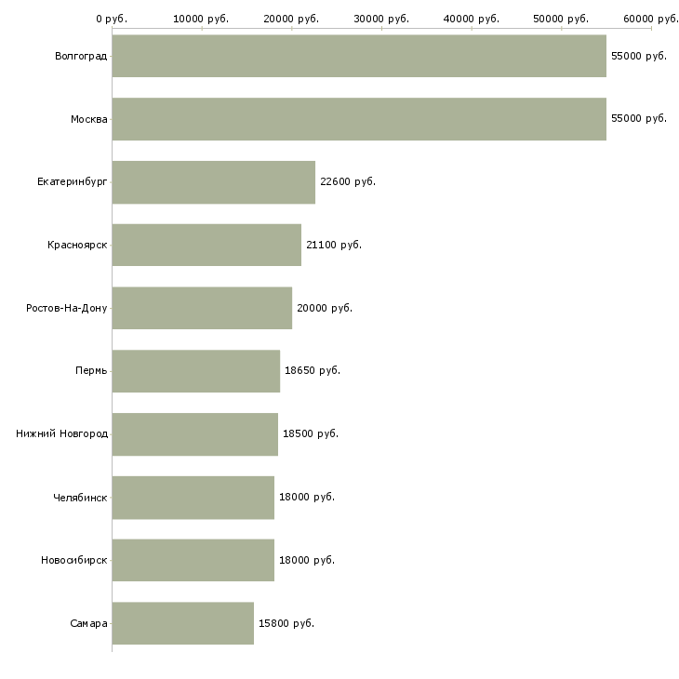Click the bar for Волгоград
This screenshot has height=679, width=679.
click(x=359, y=56)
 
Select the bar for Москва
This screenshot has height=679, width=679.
click(x=359, y=119)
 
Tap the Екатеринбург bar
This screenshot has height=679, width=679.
click(x=214, y=182)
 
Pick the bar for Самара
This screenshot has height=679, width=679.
click(x=183, y=623)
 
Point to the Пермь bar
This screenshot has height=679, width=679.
click(x=196, y=371)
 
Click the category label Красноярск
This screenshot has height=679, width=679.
click(x=78, y=245)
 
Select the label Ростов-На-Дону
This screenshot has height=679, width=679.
click(x=67, y=308)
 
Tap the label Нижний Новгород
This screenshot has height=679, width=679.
click(x=62, y=433)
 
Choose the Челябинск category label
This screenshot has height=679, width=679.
click(x=80, y=497)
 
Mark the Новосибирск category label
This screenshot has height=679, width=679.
click(x=74, y=560)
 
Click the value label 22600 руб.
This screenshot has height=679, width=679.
click(x=348, y=181)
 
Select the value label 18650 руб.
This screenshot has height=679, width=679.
click(x=313, y=370)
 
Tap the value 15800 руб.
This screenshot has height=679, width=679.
click(x=286, y=623)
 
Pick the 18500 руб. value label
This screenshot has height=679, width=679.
click(x=311, y=433)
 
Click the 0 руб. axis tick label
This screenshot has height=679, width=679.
click(x=112, y=19)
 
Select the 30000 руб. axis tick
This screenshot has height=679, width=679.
click(x=381, y=19)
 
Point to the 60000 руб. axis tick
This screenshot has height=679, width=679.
click(x=651, y=19)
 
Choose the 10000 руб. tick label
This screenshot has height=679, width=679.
click(x=202, y=19)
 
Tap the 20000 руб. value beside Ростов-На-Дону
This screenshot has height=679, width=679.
click(x=325, y=308)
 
